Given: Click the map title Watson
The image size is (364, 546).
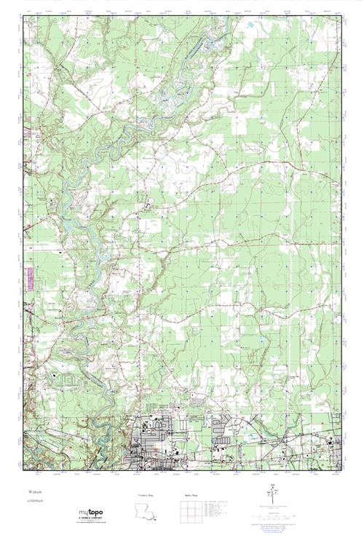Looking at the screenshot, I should pos(31,492).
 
